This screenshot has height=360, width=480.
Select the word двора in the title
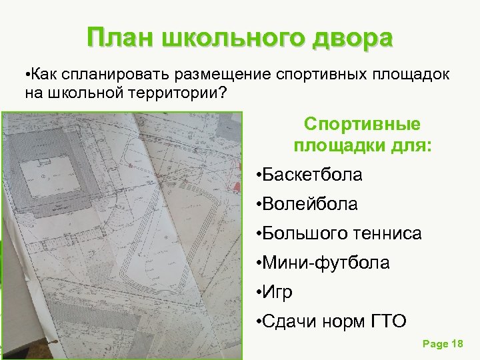pyautogui.click(x=352, y=38)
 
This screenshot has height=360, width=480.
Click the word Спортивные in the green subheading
pyautogui.click(x=362, y=125)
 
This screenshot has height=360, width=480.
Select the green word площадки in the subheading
pyautogui.click(x=333, y=145)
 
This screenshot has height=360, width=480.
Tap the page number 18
pyautogui.click(x=457, y=344)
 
